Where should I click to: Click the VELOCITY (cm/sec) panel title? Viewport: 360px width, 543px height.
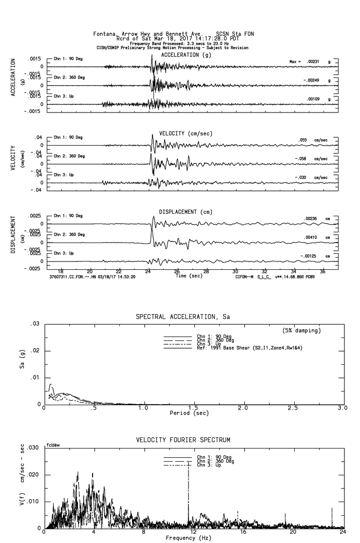186,133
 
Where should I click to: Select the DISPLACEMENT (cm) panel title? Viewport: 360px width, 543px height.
186,212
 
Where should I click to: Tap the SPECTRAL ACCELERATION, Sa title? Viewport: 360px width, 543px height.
183,317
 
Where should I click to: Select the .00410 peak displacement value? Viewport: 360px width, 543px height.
312,237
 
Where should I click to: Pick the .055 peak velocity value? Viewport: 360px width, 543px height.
303,140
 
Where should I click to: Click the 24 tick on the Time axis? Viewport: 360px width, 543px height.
148,271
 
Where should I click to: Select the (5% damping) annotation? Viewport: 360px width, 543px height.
302,331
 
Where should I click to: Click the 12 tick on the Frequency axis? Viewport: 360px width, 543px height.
194,533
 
